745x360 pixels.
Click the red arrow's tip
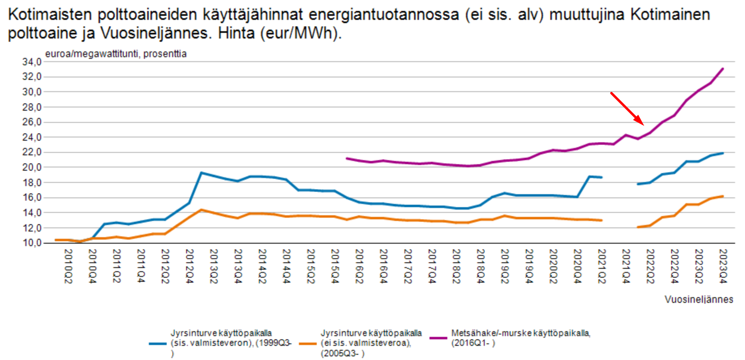tap(643, 125)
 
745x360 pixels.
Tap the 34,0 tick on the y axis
tap(32, 62)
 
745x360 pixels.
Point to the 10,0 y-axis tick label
tap(32, 243)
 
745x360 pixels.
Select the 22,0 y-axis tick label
tap(32, 152)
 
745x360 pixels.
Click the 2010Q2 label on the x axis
tap(68, 266)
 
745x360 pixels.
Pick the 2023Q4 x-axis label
tap(723, 266)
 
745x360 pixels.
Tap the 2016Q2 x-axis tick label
tap(359, 266)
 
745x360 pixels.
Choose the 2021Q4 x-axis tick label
tap(626, 266)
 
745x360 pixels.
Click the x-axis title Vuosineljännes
tap(698, 300)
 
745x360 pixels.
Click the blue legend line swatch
tap(157, 343)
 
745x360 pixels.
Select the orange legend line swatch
tap(307, 343)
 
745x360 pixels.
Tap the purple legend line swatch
tap(438, 338)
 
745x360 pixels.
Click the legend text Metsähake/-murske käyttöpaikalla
tap(521, 333)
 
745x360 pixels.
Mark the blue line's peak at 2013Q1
tap(201, 173)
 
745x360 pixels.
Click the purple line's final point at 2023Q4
tap(723, 69)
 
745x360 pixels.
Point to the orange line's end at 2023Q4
tap(723, 196)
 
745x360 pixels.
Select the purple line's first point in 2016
tap(347, 158)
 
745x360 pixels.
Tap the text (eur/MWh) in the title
tap(300, 33)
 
